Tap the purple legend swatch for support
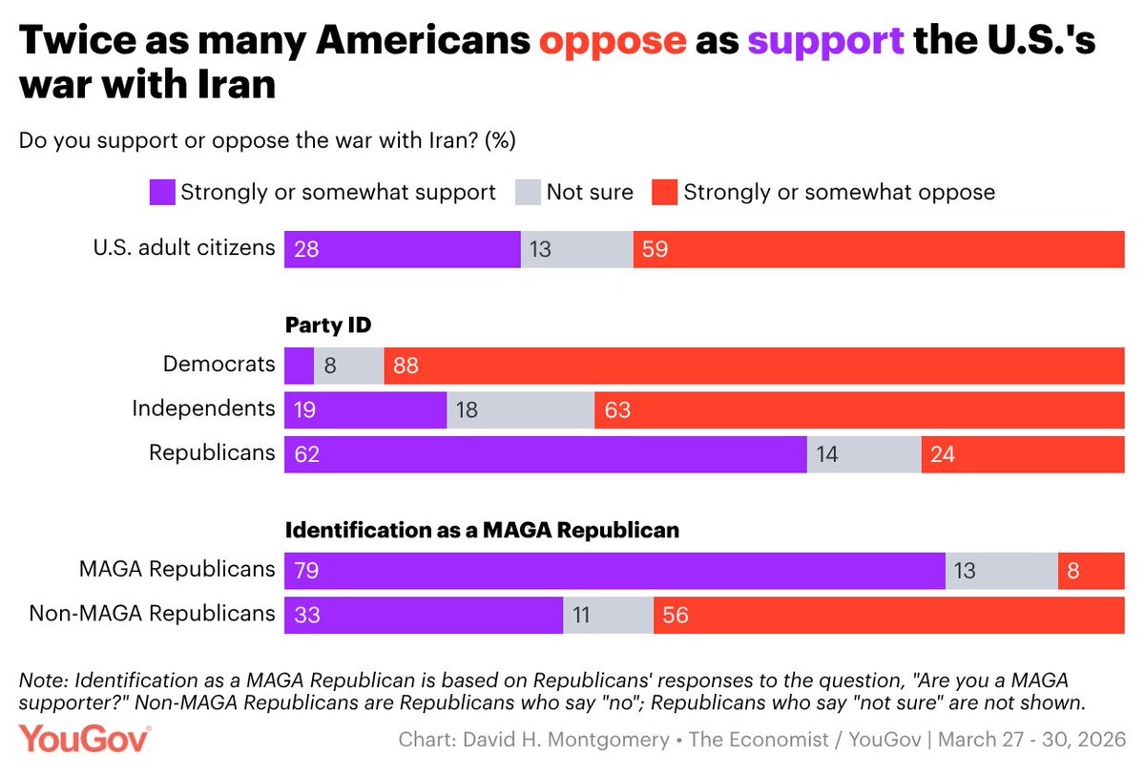(x=162, y=193)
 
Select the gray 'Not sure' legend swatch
(x=528, y=193)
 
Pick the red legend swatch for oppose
(x=664, y=193)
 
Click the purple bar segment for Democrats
(x=299, y=366)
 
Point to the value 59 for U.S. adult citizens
(x=656, y=249)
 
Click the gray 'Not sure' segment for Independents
(x=520, y=409)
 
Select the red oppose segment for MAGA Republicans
(x=1091, y=570)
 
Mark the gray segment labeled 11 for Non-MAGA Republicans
(x=608, y=615)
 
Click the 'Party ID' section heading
(x=328, y=325)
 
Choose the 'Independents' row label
(x=203, y=409)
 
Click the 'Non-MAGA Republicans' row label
(x=152, y=614)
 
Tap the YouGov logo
(x=85, y=739)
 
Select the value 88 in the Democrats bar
(x=406, y=366)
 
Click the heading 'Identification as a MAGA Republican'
(x=482, y=530)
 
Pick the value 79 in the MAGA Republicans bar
(x=305, y=570)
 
